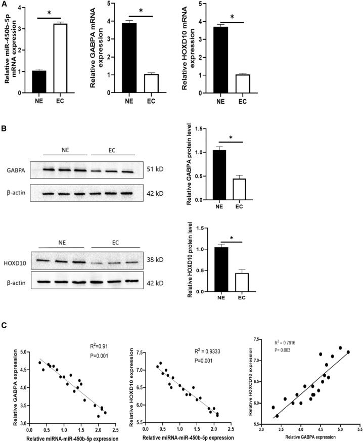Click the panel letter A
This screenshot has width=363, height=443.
pos(4,4)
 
